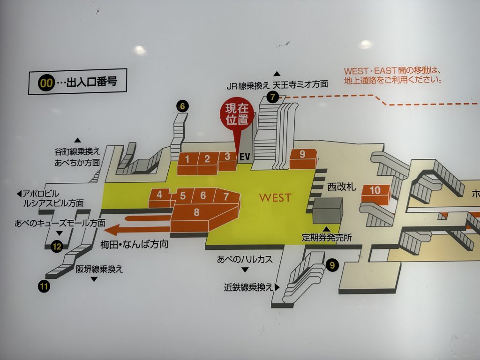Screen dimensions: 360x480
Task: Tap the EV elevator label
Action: [245, 157]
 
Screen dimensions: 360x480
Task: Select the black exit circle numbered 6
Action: [182, 106]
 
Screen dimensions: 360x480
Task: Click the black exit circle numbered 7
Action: [272, 97]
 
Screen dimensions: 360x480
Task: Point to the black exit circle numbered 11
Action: [45, 286]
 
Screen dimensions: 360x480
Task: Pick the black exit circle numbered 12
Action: [57, 246]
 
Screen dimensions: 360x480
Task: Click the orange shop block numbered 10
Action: [375, 191]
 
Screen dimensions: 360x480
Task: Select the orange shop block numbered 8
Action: [197, 213]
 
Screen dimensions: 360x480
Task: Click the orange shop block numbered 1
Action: [187, 159]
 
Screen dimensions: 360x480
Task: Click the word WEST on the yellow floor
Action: [275, 198]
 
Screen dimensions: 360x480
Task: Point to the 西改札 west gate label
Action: [342, 187]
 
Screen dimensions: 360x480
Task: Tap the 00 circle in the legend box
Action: [46, 83]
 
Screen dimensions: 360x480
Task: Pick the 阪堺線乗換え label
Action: [99, 270]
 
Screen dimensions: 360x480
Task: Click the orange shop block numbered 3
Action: [227, 157]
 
